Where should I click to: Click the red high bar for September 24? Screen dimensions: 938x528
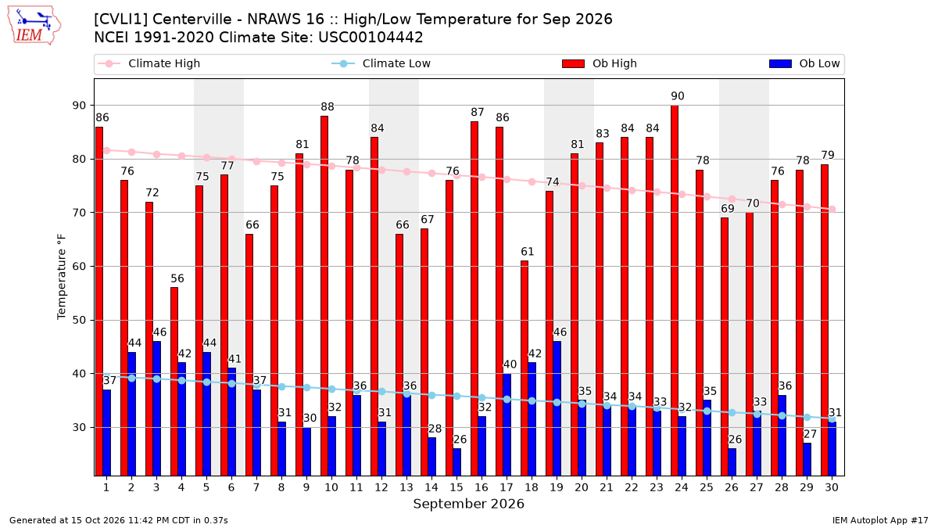[x=674, y=290]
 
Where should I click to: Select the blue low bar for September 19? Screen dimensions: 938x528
[x=557, y=408]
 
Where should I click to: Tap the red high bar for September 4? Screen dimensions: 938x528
[x=174, y=382]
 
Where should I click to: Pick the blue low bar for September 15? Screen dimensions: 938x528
[x=456, y=462]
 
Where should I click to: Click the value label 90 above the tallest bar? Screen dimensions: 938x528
[x=678, y=96]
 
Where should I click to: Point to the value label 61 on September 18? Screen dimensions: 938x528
[x=527, y=251]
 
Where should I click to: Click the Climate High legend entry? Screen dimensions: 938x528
[x=149, y=63]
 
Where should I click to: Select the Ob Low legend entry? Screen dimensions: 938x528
[x=804, y=63]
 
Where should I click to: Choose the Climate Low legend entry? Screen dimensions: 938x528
[x=381, y=63]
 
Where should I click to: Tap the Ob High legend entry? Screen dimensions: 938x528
[x=600, y=63]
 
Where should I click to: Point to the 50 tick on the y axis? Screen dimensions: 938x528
[x=79, y=320]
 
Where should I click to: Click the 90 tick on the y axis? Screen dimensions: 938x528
[x=79, y=106]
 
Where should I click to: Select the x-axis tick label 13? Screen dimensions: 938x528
[x=406, y=487]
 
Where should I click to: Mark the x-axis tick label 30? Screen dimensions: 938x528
[x=832, y=487]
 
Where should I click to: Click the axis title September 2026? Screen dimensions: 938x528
[x=468, y=504]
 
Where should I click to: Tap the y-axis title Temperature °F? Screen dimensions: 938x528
[x=62, y=277]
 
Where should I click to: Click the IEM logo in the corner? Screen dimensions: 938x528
[x=34, y=25]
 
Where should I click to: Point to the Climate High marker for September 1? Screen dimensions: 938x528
[x=107, y=150]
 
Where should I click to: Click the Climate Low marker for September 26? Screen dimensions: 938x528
[x=732, y=413]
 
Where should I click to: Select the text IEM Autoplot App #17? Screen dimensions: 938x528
[x=880, y=520]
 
